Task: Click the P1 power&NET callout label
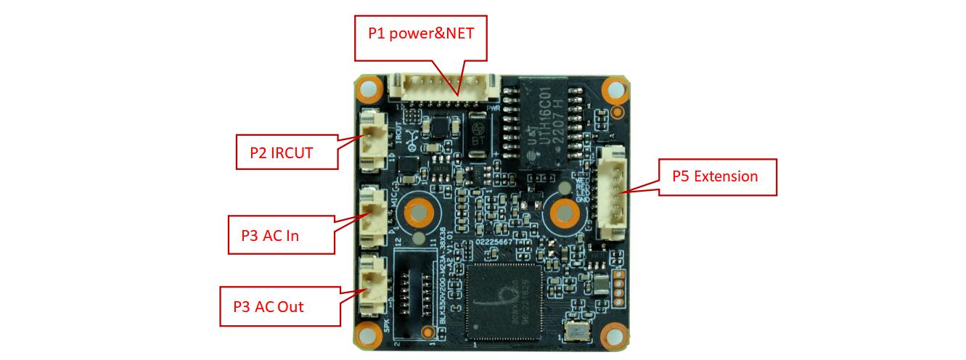(x=421, y=33)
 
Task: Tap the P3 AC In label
(x=282, y=234)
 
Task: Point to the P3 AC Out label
(x=280, y=306)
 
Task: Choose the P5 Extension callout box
(x=717, y=177)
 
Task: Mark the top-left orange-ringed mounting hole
(x=370, y=89)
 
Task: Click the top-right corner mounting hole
(x=615, y=89)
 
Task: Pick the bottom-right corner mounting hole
(x=615, y=335)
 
